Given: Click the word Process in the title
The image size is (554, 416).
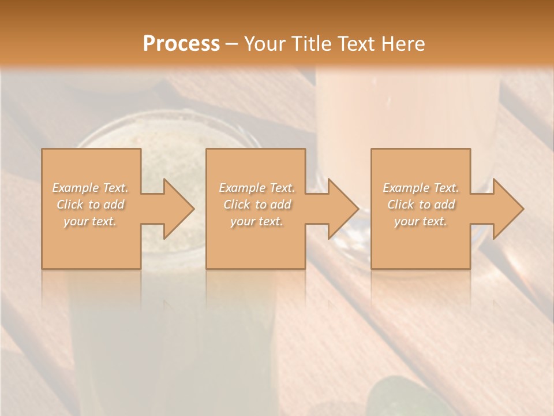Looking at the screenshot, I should click(x=181, y=43).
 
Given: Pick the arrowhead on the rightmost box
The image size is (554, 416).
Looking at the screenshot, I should click(x=506, y=209).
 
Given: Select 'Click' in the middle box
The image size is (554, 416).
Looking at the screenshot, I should click(x=237, y=205).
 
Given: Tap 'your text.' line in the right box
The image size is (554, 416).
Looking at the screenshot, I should click(x=421, y=221).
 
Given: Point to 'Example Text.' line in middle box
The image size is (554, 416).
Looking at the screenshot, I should click(x=256, y=188).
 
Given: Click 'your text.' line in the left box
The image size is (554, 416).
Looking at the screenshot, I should click(x=90, y=221).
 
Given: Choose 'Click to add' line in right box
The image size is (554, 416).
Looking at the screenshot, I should click(x=421, y=205).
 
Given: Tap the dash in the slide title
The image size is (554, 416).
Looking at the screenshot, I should click(x=231, y=44).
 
